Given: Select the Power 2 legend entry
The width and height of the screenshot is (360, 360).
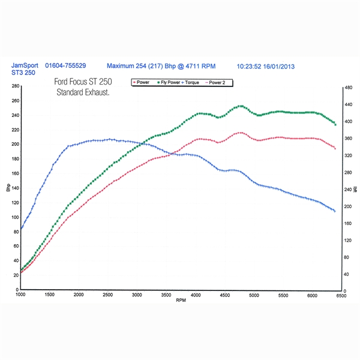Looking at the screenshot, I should point(217,82).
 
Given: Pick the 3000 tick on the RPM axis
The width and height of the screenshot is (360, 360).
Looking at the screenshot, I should point(137,295).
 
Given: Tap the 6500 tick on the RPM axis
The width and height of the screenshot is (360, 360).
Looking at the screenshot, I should point(340,295).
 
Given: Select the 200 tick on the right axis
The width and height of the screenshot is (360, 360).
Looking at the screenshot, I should point(347,206).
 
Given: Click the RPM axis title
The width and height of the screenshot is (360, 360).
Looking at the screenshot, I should point(181,301).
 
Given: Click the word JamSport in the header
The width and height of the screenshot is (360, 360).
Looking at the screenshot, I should point(25,65).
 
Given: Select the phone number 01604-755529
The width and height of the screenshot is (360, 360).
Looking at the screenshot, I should point(65,65).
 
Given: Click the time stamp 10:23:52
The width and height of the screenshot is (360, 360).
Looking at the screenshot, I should point(250,65).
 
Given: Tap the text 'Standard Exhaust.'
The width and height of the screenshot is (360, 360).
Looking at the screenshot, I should point(86,92).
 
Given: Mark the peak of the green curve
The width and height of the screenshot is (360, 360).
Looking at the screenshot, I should point(241,106).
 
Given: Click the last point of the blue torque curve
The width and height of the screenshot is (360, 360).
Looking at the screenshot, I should point(335,211).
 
